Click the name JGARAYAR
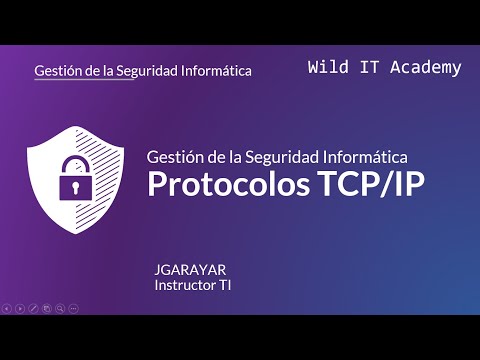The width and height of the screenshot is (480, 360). pyautogui.click(x=190, y=270)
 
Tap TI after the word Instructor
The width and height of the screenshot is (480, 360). pyautogui.click(x=226, y=285)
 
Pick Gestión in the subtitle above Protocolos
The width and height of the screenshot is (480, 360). pyautogui.click(x=171, y=156)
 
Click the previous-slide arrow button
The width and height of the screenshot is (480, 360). pyautogui.click(x=8, y=308)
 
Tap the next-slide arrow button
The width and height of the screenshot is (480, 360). pyautogui.click(x=20, y=308)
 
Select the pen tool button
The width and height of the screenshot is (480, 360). pyautogui.click(x=33, y=308)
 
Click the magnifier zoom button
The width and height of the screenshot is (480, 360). pyautogui.click(x=60, y=308)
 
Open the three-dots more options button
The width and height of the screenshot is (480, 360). pyautogui.click(x=74, y=308)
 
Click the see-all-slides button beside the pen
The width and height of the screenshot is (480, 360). pyautogui.click(x=46, y=308)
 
